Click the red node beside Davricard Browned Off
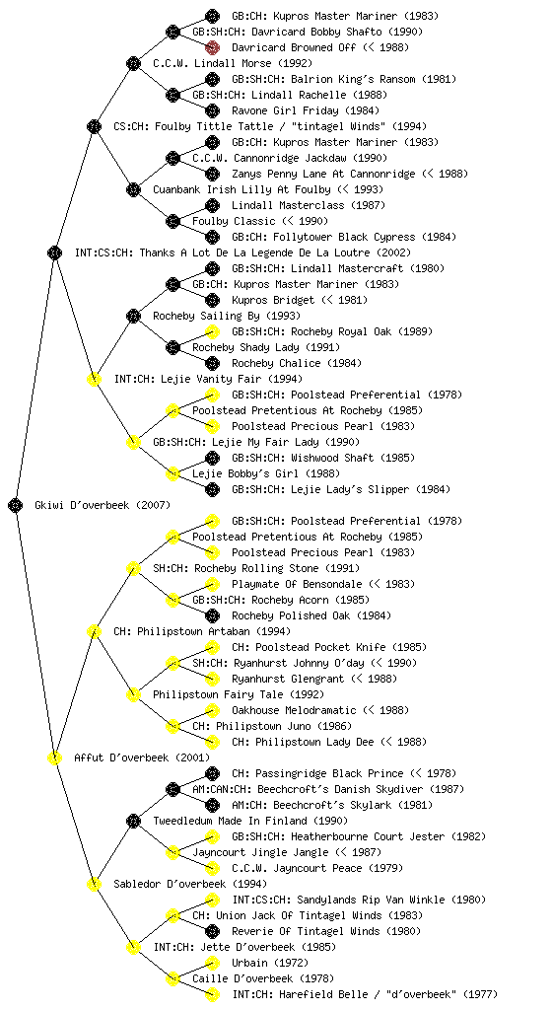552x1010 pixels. click(x=212, y=47)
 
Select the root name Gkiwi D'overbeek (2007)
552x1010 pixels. click(x=103, y=505)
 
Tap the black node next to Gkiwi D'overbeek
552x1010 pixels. click(x=16, y=505)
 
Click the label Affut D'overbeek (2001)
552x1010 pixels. click(x=142, y=757)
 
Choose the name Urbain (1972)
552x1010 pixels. click(x=270, y=963)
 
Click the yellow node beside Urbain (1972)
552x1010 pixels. click(x=212, y=963)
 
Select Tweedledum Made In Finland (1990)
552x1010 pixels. click(x=250, y=821)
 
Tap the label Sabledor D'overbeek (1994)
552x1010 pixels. click(x=190, y=884)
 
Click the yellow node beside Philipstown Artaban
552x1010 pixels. click(x=94, y=631)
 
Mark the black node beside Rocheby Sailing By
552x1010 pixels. click(x=133, y=316)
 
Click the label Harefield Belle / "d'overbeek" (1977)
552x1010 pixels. click(x=365, y=994)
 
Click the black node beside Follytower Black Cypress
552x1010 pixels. click(x=212, y=237)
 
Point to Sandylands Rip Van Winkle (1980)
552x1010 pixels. click(x=359, y=900)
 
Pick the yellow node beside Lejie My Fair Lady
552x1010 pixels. click(x=133, y=442)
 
